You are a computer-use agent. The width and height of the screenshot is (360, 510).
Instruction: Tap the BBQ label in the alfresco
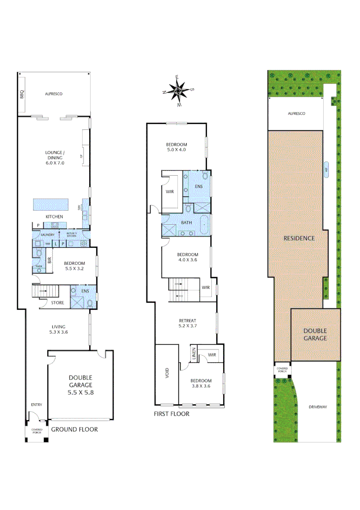pyautogui.click(x=22, y=94)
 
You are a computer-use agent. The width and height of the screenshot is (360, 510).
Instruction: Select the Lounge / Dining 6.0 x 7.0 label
pyautogui.click(x=54, y=157)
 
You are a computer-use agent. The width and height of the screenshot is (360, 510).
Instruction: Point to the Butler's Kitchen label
pyautogui.click(x=72, y=235)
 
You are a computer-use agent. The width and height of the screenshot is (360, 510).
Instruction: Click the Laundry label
pyautogui.click(x=47, y=235)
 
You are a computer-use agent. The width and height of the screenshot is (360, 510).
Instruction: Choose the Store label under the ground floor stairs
pyautogui.click(x=58, y=303)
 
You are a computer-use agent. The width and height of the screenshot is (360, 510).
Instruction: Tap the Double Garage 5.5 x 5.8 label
pyautogui.click(x=80, y=384)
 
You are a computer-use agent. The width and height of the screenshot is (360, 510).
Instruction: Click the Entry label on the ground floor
pyautogui.click(x=36, y=405)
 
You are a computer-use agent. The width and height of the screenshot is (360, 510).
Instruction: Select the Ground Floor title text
pyautogui.click(x=74, y=429)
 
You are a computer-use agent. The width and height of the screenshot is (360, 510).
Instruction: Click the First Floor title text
pyautogui.click(x=172, y=414)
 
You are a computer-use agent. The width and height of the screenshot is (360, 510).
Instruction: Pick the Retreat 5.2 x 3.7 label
pyautogui.click(x=187, y=323)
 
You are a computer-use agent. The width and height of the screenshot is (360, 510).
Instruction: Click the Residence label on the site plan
pyautogui.click(x=299, y=238)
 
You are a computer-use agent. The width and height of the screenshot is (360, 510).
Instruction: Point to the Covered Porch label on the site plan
pyautogui.click(x=282, y=370)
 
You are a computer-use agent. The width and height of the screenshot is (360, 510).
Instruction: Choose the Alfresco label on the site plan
pyautogui.click(x=297, y=113)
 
